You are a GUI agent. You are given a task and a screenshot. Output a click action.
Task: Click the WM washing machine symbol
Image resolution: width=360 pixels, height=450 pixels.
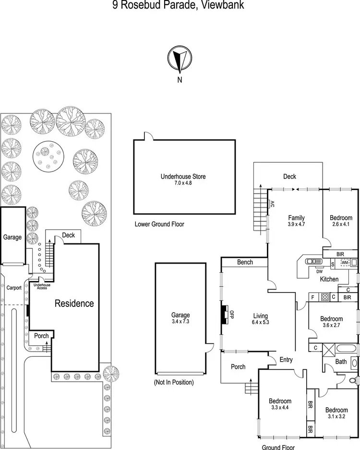[x=345, y=263]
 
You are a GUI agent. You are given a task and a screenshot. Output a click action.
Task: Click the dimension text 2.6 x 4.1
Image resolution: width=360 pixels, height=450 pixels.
[x=341, y=225]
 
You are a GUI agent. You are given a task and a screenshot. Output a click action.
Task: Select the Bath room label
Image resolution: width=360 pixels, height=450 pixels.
[x=341, y=362]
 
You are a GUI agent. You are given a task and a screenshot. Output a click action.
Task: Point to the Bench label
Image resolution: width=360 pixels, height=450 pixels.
[x=245, y=262]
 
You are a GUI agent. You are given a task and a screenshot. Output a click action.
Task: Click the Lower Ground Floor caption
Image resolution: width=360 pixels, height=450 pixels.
[x=159, y=224]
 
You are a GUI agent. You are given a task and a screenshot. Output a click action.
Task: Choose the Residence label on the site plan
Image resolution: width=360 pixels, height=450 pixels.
[x=74, y=304]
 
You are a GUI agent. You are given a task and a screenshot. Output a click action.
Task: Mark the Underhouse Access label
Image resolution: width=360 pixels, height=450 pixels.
[x=41, y=286]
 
